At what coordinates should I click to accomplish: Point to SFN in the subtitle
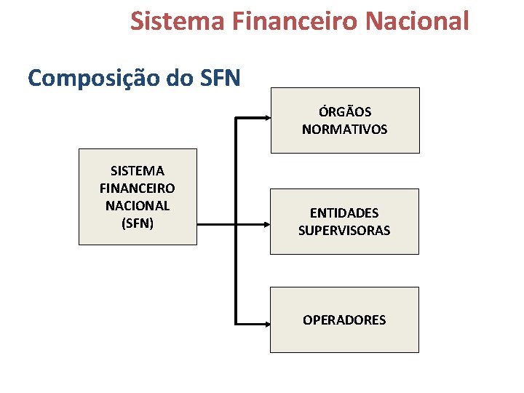pos(216,77)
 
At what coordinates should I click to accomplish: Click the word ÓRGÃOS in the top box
pos(345,112)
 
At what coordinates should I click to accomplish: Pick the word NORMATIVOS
pos(345,130)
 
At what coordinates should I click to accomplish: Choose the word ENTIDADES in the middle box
pos(344,213)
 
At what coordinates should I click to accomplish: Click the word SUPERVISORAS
pos(344,231)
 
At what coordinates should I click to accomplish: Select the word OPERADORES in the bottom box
pos(344,320)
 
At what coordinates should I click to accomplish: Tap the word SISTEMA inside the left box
pos(138,171)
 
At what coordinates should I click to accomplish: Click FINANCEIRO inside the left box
pos(138,188)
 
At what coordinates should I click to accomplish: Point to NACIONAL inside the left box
pos(138,206)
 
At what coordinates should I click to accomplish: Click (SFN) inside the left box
pos(138,223)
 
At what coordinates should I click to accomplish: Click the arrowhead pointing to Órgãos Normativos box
pos(266,117)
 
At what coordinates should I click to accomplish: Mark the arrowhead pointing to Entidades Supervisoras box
pos(266,224)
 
